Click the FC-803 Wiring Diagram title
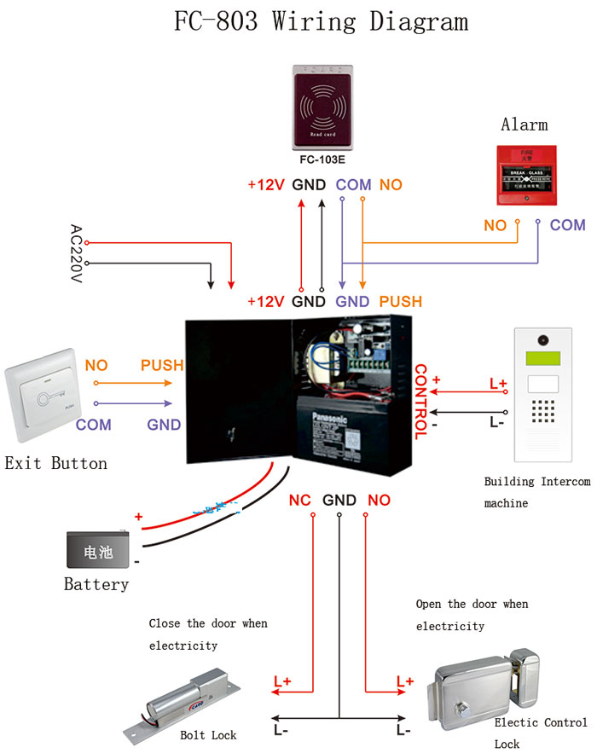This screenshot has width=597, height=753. [321, 21]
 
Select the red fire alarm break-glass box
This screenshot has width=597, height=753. [524, 175]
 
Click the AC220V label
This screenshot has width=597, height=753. [75, 254]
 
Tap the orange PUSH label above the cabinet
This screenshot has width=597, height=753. [400, 301]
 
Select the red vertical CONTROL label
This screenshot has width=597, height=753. [420, 401]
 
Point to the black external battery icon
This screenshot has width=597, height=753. [99, 551]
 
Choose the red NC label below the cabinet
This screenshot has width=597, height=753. [299, 500]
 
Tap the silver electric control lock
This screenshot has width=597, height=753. [486, 686]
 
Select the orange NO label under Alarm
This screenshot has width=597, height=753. [495, 225]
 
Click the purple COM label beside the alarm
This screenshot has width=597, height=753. [567, 225]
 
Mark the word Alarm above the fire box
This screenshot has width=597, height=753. [524, 125]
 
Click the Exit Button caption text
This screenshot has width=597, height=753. [56, 464]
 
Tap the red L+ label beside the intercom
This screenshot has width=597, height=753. [498, 384]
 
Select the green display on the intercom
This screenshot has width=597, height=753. [539, 359]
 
